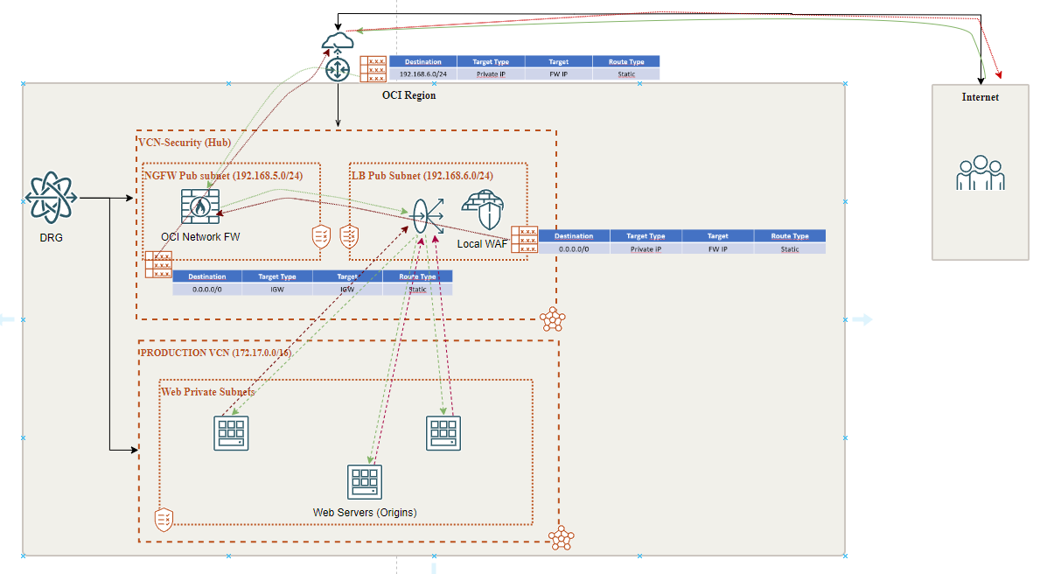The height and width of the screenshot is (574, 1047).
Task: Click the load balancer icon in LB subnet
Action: point(423,214)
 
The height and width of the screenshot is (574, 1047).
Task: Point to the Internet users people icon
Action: point(980,173)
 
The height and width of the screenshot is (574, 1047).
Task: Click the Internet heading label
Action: point(980,97)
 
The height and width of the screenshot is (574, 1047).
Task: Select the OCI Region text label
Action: point(408,95)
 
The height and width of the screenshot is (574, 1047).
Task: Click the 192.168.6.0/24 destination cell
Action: point(422,74)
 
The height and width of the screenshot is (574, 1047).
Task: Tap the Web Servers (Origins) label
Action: point(365,512)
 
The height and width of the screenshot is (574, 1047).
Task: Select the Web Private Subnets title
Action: point(208,391)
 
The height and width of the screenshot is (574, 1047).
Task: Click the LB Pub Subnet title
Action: point(422,175)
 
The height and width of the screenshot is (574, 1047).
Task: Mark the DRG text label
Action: point(52,237)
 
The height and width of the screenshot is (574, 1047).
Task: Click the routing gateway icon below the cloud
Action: point(338,70)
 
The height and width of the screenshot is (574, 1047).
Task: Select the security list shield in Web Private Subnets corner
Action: point(164,519)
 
